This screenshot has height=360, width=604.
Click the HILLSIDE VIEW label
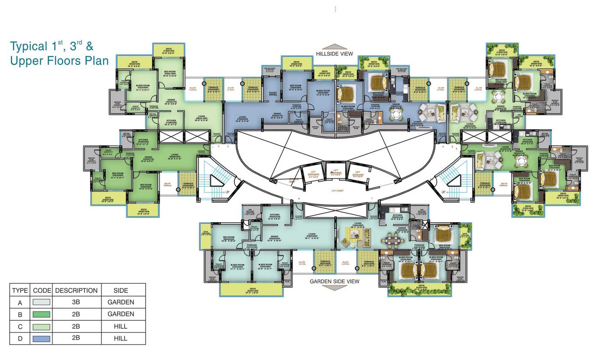[334, 54]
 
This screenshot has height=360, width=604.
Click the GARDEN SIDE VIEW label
[334, 282]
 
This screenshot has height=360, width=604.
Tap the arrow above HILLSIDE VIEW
[334, 47]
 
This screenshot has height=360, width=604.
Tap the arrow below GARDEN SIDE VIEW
[334, 288]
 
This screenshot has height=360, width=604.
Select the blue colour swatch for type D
[41, 339]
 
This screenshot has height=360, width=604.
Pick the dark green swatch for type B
[41, 315]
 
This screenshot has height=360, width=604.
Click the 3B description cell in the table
[76, 302]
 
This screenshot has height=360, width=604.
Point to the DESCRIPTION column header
[76, 290]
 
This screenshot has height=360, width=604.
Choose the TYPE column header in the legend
[20, 290]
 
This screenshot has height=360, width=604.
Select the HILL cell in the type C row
[120, 326]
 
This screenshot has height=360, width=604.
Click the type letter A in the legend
[20, 303]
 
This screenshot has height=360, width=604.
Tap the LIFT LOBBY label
[338, 191]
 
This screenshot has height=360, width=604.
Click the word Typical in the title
[29, 46]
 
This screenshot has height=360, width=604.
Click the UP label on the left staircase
[227, 192]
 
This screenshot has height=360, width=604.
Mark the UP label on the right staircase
[443, 192]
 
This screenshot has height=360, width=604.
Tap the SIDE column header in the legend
[120, 290]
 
